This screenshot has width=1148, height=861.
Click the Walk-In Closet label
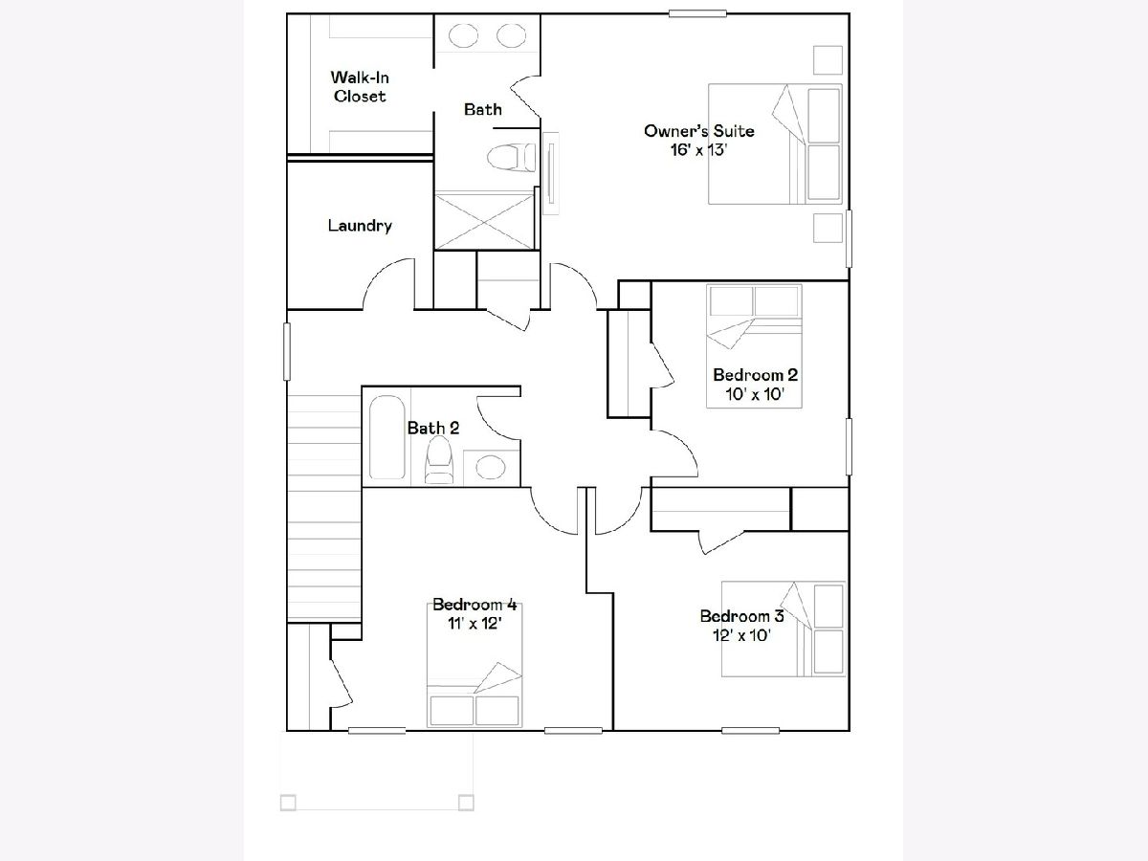coord(360,87)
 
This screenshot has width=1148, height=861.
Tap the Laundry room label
coord(360,226)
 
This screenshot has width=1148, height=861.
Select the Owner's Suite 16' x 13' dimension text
coord(699,150)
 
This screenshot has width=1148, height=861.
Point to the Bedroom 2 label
coord(755,375)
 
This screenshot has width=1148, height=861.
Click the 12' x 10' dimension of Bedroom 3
coord(741,635)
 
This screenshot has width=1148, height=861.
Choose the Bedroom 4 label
coord(475,605)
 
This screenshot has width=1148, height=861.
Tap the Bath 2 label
coord(433,429)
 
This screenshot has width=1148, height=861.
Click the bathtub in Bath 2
coord(387,437)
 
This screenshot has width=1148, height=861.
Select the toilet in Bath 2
coord(439,460)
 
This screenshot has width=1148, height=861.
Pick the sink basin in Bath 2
coord(490,466)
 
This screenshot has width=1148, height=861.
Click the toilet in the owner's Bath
coord(511,157)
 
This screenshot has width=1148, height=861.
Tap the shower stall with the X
coord(484,221)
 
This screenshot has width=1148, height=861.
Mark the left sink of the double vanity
coord(463,36)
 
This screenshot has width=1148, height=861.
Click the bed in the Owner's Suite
coord(775,143)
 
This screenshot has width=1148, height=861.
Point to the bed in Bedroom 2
coord(754,345)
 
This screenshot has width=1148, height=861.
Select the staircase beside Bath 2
coord(324,508)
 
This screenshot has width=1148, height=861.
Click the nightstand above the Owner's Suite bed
coord(828,60)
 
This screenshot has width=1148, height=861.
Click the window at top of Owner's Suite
coord(697,13)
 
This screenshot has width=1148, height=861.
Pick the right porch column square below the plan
coord(466,803)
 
